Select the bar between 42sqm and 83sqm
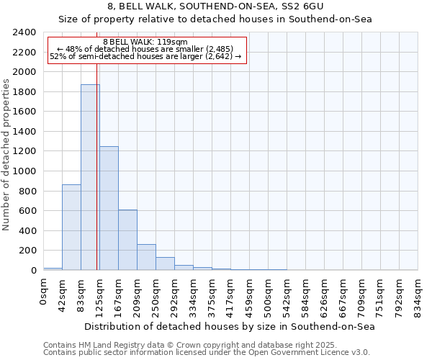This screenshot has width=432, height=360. click(71, 227)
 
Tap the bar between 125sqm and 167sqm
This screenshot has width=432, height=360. click(109, 208)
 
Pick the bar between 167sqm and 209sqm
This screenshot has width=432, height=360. click(127, 240)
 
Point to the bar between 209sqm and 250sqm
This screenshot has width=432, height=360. click(146, 257)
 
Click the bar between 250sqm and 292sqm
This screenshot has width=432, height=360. click(165, 264)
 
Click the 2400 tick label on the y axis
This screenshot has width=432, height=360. click(24, 32)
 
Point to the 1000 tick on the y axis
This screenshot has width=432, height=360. click(24, 171)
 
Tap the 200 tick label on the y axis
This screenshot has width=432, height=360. click(27, 251)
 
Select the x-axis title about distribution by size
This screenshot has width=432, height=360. click(230, 326)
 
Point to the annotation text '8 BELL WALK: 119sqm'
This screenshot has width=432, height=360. click(146, 42)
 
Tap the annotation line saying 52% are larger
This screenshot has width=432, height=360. click(146, 56)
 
